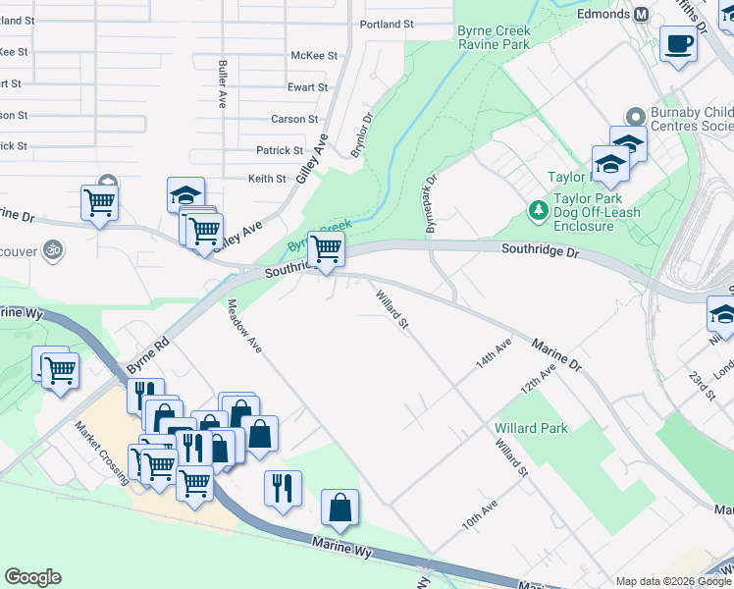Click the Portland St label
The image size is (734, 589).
pos(388,24)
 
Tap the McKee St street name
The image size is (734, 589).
pos(314,56)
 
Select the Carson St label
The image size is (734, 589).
pos(294,119)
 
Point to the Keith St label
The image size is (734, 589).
pos(267,179)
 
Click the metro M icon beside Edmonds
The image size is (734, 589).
pos(642,14)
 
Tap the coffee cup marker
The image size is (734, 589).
pos(678,44)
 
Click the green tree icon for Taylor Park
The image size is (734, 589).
pos(538,209)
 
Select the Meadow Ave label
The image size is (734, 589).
pos(245,327)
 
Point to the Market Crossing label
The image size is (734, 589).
pos(102,452)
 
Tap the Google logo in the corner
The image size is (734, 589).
pos(33,577)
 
